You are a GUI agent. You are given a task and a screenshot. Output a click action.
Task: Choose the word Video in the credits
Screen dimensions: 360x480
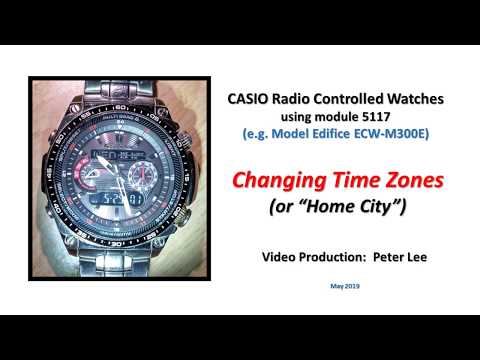[278, 257]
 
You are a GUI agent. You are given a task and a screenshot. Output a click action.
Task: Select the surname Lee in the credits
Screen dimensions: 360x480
[418, 257]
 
